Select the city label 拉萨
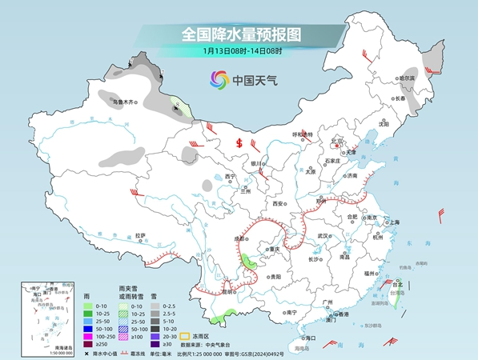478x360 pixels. click(140, 235)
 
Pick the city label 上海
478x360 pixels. click(395, 222)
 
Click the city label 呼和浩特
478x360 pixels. click(303, 134)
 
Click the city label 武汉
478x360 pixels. click(323, 236)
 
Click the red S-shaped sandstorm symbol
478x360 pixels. click(239, 143)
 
